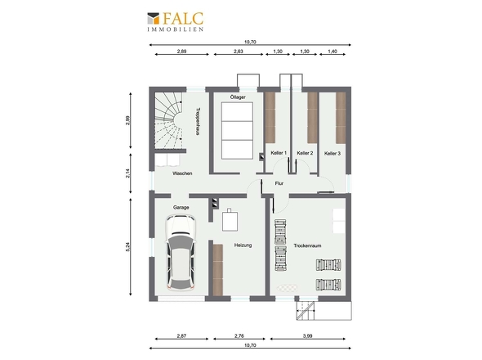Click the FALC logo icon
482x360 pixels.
[153, 18]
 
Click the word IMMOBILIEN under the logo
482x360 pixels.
[175, 29]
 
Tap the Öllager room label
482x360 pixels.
[238, 97]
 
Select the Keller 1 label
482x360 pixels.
[279, 153]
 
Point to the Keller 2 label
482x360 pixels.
[305, 153]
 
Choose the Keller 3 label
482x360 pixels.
[332, 153]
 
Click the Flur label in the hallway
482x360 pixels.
[279, 183]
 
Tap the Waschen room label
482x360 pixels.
[182, 173]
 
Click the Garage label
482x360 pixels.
[181, 208]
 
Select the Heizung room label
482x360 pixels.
[243, 245]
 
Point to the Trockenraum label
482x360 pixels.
[307, 245]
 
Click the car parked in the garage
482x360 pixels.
[181, 253]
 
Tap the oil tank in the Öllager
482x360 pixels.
[237, 131]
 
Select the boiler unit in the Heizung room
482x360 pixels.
[230, 220]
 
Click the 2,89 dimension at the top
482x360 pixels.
[181, 52]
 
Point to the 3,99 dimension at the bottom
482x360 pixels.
[307, 336]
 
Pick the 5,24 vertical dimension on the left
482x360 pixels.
[128, 246]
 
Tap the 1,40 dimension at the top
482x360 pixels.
[332, 52]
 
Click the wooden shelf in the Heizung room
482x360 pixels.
[217, 270]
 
